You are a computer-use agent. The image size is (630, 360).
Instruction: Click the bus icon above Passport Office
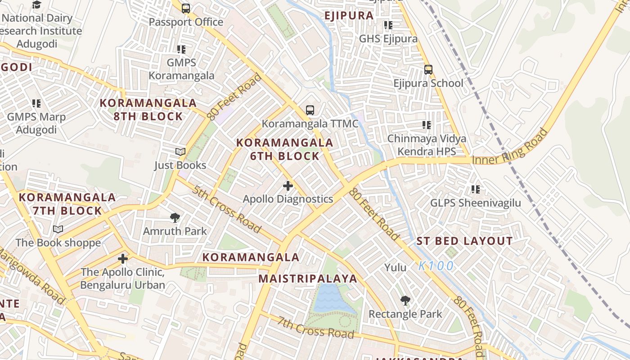pos(186,8)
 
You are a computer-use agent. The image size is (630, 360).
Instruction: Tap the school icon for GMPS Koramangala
pos(181,49)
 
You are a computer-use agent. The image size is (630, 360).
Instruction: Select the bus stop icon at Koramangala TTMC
pos(310,110)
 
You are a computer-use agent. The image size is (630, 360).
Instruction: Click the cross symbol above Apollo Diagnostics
pos(288,185)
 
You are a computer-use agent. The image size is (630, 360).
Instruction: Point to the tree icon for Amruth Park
pos(175,218)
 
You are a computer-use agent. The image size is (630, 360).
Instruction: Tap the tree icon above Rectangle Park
pos(405,300)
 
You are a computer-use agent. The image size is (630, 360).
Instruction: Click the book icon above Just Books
pos(180,152)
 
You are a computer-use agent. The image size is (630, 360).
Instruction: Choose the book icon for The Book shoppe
pos(58,229)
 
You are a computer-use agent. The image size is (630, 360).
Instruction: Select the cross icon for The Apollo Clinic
pos(122,259)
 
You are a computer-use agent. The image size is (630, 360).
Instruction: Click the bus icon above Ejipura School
pos(428,70)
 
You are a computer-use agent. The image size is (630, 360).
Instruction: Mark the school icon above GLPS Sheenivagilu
pos(476,189)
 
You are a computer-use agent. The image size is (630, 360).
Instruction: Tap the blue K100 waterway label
pos(436,266)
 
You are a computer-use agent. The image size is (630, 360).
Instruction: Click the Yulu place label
pos(395,268)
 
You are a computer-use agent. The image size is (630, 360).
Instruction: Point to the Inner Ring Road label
pos(510,148)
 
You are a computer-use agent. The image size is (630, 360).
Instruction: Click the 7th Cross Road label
pos(315,328)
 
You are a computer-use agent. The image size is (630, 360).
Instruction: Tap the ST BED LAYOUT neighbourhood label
pos(464,241)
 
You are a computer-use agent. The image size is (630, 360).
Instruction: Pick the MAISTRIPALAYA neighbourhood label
pos(308,279)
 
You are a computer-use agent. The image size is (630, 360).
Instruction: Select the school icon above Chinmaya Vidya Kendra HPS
pos(426,125)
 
